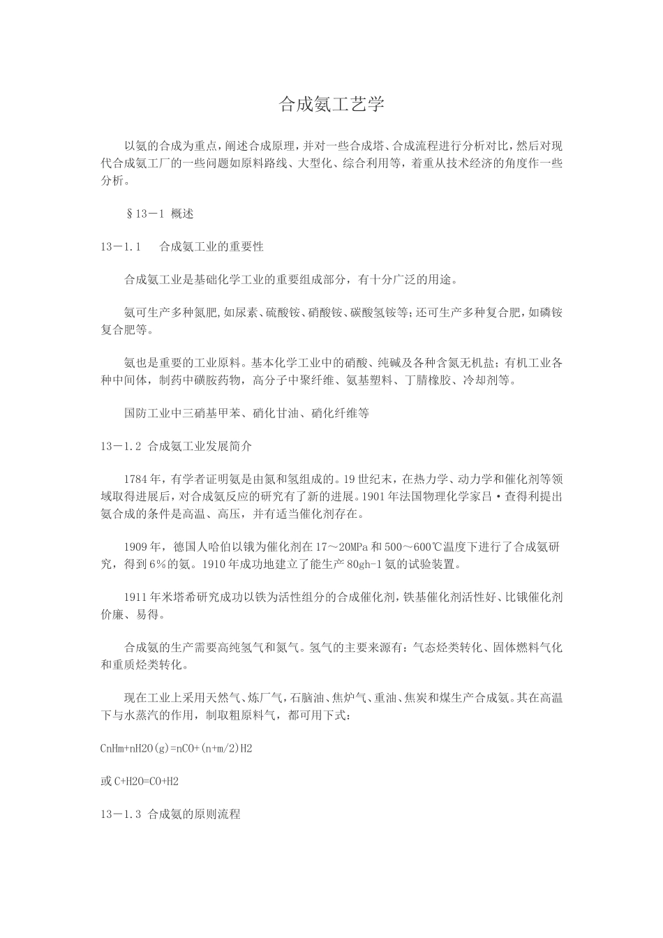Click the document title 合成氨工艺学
(331, 105)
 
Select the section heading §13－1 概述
(159, 214)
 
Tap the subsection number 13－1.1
(121, 246)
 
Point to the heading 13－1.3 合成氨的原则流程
(170, 814)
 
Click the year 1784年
(144, 479)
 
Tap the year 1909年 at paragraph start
(144, 546)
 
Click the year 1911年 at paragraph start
(144, 597)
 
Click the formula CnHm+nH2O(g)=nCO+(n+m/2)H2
(177, 749)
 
